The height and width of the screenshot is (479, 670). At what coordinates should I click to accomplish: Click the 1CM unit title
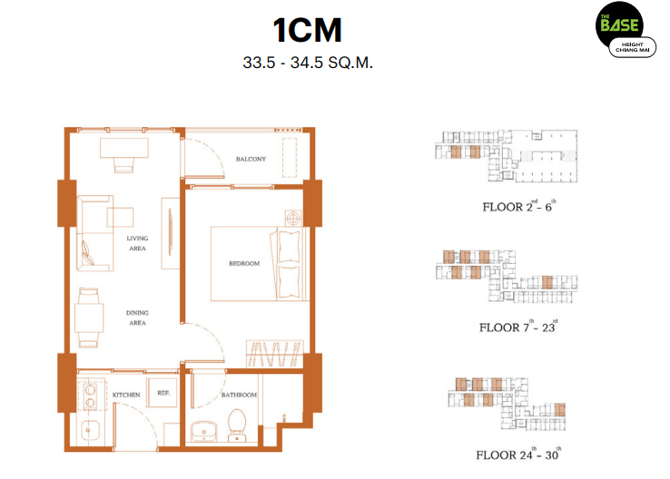click(x=307, y=30)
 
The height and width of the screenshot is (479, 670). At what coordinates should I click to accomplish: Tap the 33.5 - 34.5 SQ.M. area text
click(x=308, y=63)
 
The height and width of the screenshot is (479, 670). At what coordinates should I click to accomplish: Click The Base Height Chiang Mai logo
click(x=626, y=30)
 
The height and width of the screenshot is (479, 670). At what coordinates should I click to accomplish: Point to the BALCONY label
click(x=251, y=160)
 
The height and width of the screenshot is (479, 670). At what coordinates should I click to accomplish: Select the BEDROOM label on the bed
click(x=244, y=263)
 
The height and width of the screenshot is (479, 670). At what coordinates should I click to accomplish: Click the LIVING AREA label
click(x=137, y=243)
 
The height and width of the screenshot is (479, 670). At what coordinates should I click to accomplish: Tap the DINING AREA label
click(x=137, y=318)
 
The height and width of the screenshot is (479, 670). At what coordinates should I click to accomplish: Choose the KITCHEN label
click(x=126, y=395)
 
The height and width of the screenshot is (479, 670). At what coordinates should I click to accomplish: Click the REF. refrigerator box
click(x=162, y=393)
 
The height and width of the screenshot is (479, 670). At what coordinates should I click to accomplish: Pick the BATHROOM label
click(x=239, y=395)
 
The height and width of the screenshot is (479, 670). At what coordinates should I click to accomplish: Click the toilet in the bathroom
click(x=237, y=425)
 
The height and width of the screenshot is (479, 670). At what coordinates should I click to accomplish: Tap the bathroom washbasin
click(x=203, y=432)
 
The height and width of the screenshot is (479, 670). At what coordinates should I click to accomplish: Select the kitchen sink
click(x=90, y=430)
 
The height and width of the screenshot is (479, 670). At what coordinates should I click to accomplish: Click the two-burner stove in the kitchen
click(x=91, y=396)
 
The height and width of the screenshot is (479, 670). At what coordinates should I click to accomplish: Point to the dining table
click(x=89, y=318)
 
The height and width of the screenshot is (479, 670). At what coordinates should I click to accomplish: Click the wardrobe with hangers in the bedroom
click(x=274, y=354)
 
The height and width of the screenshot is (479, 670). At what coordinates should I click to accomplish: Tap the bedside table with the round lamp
click(x=293, y=219)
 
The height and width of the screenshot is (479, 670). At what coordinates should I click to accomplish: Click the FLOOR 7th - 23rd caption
click(x=518, y=327)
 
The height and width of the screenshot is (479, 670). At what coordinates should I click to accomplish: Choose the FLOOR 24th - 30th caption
click(x=518, y=455)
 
